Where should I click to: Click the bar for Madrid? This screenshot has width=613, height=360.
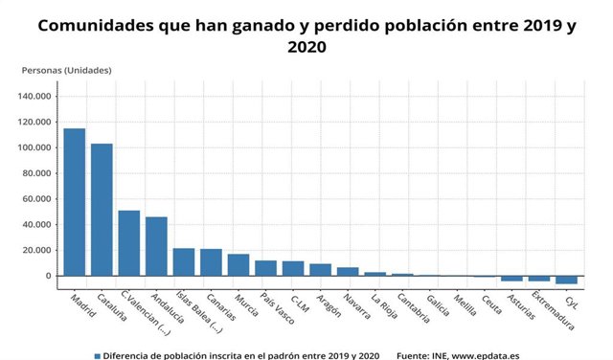[x=75, y=202]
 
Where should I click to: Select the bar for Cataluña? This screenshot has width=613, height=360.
[x=102, y=210]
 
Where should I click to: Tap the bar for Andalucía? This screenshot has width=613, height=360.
[x=156, y=246]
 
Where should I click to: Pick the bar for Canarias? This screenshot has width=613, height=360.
[x=211, y=262]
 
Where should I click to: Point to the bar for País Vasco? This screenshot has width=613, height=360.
[x=265, y=268]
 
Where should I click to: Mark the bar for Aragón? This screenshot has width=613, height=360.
[x=320, y=270]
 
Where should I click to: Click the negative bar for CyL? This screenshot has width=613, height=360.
[x=566, y=280]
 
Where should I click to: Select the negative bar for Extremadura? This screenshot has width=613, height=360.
[x=539, y=279]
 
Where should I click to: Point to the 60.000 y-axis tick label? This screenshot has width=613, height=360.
[x=35, y=199]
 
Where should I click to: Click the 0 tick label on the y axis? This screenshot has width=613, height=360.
[x=48, y=277]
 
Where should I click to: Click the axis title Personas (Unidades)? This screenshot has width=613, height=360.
[x=66, y=70]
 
